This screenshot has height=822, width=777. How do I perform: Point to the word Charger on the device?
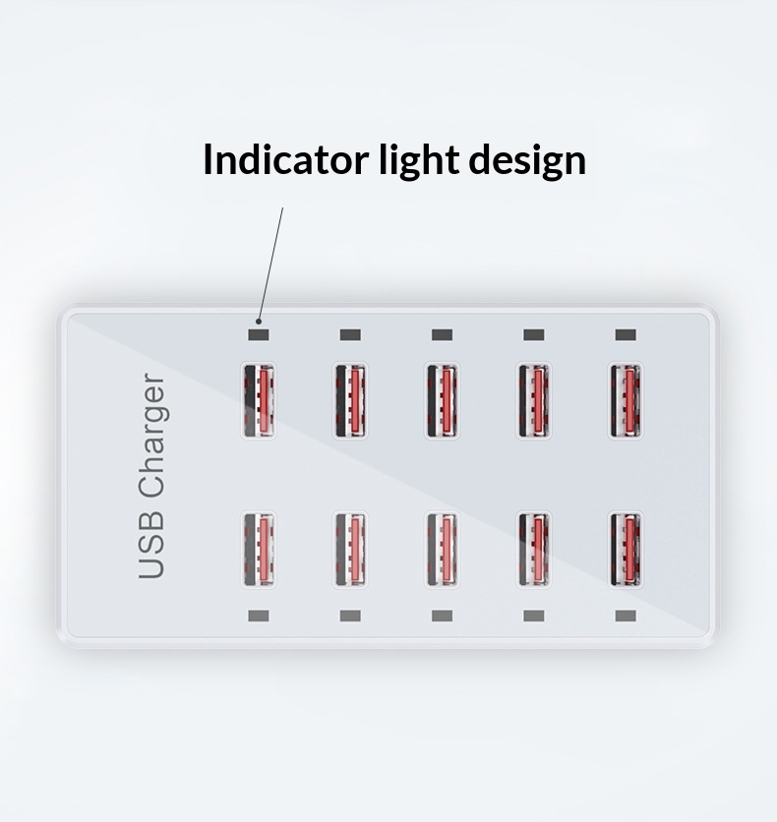(x=152, y=433)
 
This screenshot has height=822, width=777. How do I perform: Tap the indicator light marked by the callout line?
(x=259, y=334)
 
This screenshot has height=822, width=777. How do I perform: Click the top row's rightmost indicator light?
(x=626, y=334)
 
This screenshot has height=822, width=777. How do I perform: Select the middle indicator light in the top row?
(x=442, y=334)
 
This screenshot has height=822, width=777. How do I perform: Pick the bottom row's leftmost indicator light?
(x=259, y=616)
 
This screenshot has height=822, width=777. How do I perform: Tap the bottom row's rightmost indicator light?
(x=626, y=616)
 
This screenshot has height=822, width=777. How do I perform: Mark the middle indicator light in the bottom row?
(x=442, y=616)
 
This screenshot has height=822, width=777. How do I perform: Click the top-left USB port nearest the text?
(x=259, y=400)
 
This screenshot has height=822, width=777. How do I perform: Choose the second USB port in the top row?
(x=350, y=400)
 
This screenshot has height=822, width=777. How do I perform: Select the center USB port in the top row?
(x=442, y=400)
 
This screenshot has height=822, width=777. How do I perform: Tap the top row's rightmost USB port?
(x=626, y=400)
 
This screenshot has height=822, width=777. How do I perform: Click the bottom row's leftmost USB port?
(x=259, y=549)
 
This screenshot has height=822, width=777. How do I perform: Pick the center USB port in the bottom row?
(x=442, y=549)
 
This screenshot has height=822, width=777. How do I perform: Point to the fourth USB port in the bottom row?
(x=534, y=549)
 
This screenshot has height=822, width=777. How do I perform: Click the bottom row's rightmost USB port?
(x=626, y=549)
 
